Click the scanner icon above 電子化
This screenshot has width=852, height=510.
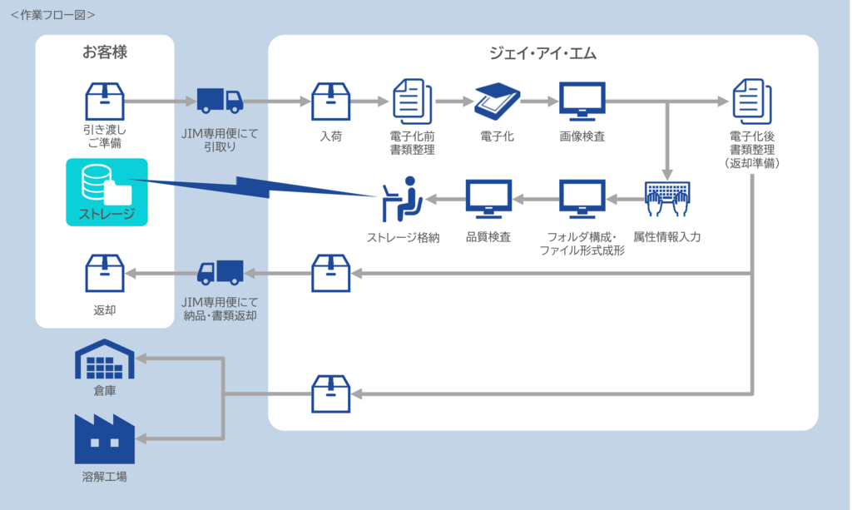tap(498, 102)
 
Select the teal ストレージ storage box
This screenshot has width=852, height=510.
tap(106, 192)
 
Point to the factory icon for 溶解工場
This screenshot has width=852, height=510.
tap(105, 438)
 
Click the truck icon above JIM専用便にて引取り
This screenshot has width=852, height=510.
tap(220, 101)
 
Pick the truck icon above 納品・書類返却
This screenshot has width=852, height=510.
tap(220, 272)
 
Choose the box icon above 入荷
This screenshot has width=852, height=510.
tap(330, 102)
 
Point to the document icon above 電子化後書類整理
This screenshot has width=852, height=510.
tap(751, 102)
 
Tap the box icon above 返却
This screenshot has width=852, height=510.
tap(105, 273)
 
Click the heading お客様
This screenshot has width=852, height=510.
tap(105, 53)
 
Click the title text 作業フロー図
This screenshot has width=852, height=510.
tap(52, 14)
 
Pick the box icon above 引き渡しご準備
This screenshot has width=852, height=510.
tap(105, 102)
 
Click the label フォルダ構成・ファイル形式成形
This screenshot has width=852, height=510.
tap(582, 243)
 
